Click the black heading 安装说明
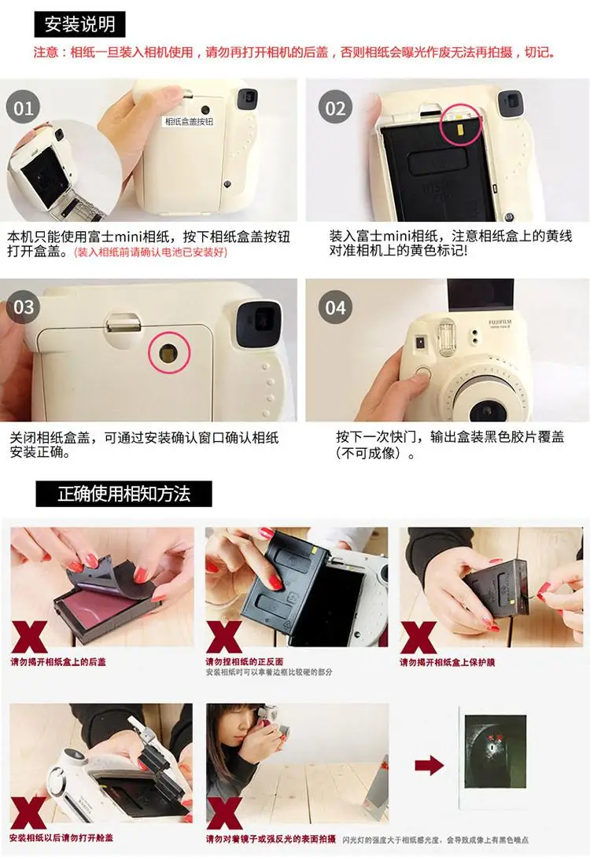(79, 24)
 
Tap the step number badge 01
(24, 108)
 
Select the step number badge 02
(336, 108)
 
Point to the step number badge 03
(24, 307)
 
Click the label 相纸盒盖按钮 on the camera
(189, 122)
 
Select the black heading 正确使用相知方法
(124, 494)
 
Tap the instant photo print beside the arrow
(494, 763)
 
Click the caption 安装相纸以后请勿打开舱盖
(60, 839)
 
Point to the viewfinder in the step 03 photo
(257, 319)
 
